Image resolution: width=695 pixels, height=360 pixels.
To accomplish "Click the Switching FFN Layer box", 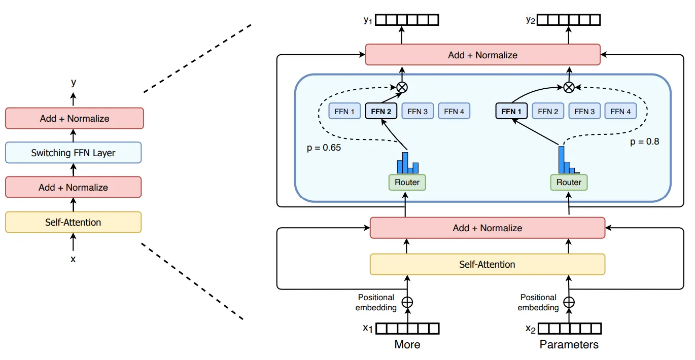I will click(x=73, y=153).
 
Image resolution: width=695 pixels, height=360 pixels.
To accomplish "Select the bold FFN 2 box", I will click(x=381, y=111).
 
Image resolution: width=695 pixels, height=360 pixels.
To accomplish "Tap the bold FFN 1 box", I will click(x=511, y=111).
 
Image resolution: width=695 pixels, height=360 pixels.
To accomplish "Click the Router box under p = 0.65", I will click(x=407, y=182).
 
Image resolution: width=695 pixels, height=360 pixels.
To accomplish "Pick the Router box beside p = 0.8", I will click(x=569, y=182).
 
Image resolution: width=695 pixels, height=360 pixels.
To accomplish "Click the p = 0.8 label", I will click(x=644, y=141).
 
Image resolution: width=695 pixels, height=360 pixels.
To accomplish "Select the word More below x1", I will click(x=407, y=345).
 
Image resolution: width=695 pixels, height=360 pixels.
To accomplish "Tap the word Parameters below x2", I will click(x=569, y=345).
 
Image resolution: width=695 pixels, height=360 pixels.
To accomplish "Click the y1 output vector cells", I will click(x=407, y=20).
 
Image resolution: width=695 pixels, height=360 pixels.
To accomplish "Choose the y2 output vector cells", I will click(x=569, y=20).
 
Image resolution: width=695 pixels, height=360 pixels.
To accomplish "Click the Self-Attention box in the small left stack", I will click(x=73, y=222).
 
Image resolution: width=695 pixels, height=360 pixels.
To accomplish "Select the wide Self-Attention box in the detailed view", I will click(x=487, y=264).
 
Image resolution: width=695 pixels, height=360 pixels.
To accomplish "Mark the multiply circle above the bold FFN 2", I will click(x=402, y=87).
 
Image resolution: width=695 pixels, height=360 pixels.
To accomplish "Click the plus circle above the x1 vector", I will click(x=407, y=302).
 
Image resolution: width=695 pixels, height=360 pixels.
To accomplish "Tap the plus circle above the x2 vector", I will click(x=569, y=302).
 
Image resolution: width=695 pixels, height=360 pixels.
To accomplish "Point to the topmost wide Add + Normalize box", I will click(x=482, y=55).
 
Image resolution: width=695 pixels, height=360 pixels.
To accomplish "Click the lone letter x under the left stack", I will click(x=73, y=259).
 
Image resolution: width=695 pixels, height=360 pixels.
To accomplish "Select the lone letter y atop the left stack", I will click(x=74, y=82).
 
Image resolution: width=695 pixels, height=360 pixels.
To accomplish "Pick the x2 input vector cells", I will click(x=569, y=329).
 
